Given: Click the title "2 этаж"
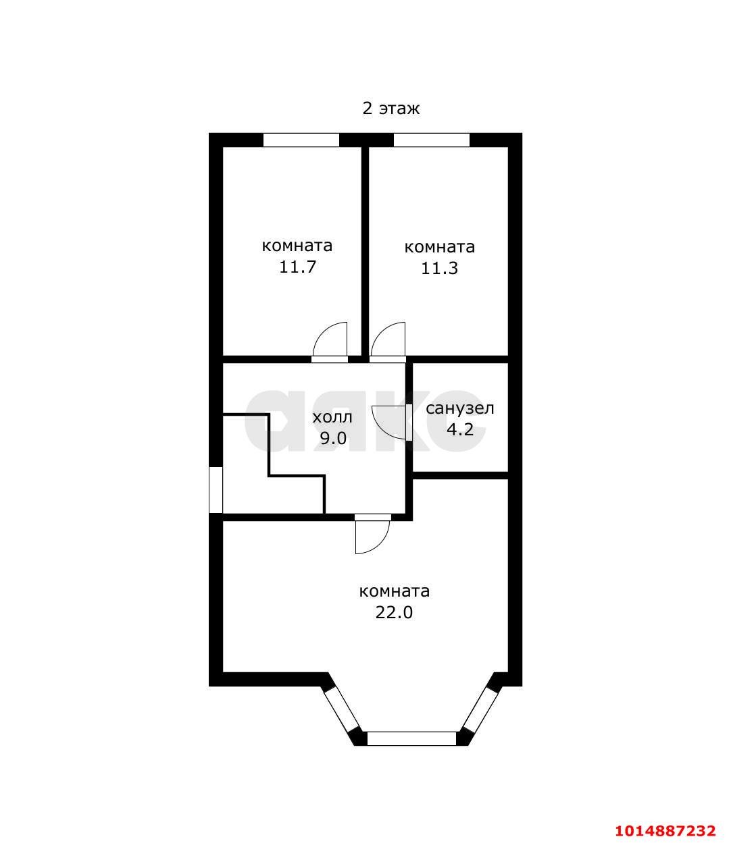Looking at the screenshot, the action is [x=390, y=109].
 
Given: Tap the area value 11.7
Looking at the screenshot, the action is [x=297, y=267].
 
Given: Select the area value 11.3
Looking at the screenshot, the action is [x=439, y=269].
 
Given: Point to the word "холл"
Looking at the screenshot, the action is [x=332, y=417].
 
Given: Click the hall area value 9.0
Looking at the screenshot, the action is [x=333, y=439].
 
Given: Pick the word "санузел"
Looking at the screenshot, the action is [x=459, y=408].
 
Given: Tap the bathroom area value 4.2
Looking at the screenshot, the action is [x=460, y=429].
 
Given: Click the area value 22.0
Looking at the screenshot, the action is [x=394, y=624].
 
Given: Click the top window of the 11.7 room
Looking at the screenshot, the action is [x=301, y=140].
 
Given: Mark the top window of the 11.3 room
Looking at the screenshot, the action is [x=432, y=140].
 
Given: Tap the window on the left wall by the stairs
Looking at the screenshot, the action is [x=216, y=490].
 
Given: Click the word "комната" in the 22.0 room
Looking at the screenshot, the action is [x=395, y=603].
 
